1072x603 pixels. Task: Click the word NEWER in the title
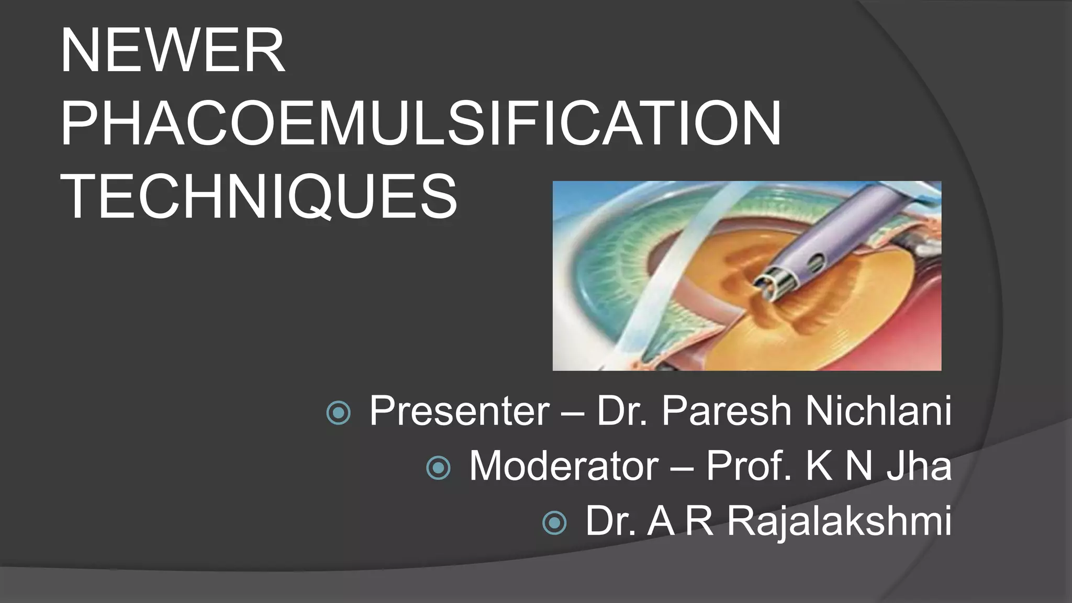coord(173,51)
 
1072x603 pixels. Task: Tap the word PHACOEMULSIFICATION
coord(420,124)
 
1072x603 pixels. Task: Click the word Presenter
coord(459,411)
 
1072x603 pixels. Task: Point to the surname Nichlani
coord(878,411)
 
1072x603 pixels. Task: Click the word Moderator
coord(564,466)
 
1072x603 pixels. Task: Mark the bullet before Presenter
coord(338,413)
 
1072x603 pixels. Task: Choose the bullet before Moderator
coord(438,467)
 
